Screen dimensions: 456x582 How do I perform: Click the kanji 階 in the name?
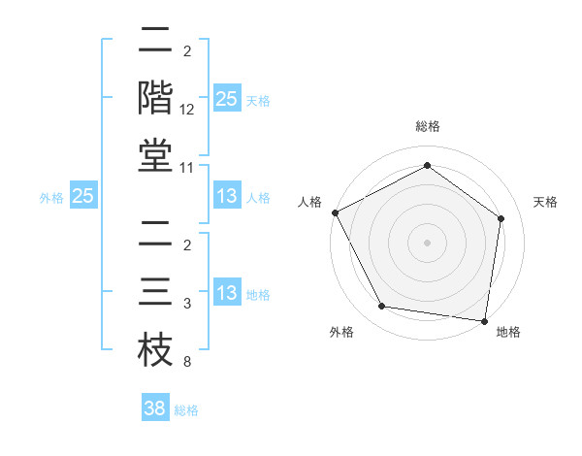pyautogui.click(x=155, y=98)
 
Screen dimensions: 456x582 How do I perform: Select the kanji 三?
pyautogui.click(x=155, y=290)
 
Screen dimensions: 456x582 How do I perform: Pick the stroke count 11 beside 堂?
pyautogui.click(x=187, y=168)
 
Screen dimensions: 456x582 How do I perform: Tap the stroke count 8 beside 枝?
pyautogui.click(x=186, y=362)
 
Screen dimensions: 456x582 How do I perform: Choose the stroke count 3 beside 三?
pyautogui.click(x=186, y=305)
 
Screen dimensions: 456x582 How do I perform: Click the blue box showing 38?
pyautogui.click(x=155, y=408)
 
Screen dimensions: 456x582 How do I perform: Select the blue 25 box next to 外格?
pyautogui.click(x=83, y=196)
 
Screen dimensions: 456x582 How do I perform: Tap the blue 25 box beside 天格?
pyautogui.click(x=226, y=98)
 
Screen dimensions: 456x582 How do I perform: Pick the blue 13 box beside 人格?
pyautogui.click(x=226, y=196)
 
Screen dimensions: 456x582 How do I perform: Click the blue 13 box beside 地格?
pyautogui.click(x=226, y=293)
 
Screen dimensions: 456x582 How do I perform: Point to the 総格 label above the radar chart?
pyautogui.click(x=427, y=127)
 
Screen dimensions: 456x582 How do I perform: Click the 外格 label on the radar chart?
pyautogui.click(x=341, y=332)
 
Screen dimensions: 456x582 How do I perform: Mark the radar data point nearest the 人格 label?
pyautogui.click(x=335, y=212)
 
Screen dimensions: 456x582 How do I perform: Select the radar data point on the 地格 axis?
pyautogui.click(x=484, y=319)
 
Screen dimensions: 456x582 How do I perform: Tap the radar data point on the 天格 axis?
pyautogui.click(x=501, y=218)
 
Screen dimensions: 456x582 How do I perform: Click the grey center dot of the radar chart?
pyautogui.click(x=427, y=243)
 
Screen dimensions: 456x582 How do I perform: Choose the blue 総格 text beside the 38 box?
pyautogui.click(x=186, y=410)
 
